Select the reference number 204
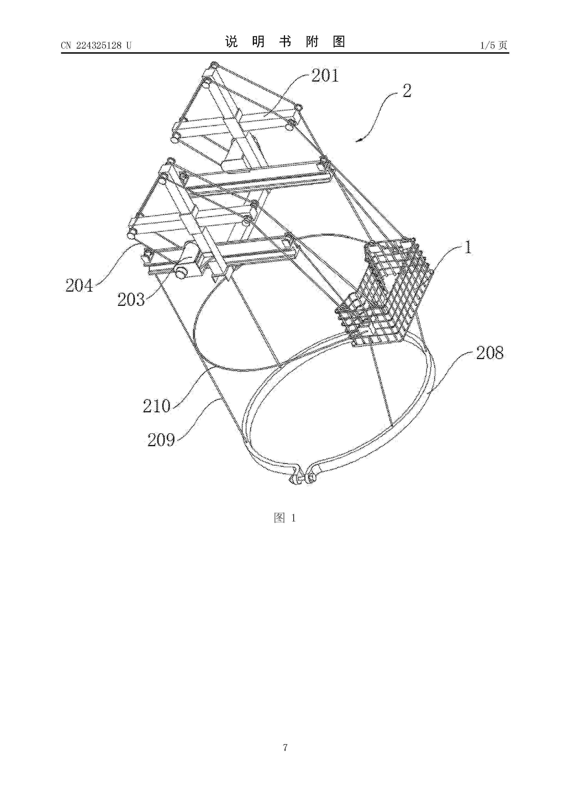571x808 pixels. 79,285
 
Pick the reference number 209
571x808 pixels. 161,440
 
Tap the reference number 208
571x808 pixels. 490,353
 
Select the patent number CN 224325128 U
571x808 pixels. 96,45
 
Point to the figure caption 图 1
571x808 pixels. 285,518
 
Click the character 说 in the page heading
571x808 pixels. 232,42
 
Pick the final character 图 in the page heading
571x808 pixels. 339,42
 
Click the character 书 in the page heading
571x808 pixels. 285,42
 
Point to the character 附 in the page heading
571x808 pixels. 312,42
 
